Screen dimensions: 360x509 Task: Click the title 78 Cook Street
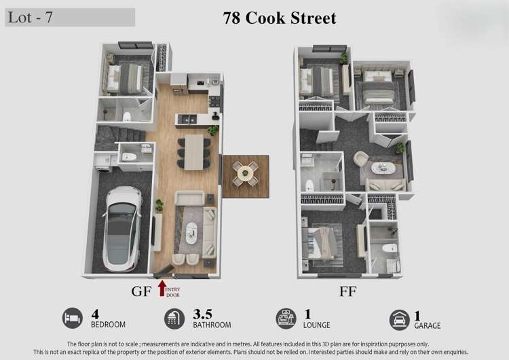click(280, 18)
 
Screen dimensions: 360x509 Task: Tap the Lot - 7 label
click(31, 18)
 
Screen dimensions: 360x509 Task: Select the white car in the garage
click(121, 228)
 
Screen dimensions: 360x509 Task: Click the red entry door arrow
click(162, 288)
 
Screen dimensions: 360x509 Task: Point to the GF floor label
click(141, 292)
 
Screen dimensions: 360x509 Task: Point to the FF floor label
click(347, 292)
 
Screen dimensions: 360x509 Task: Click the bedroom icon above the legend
click(72, 318)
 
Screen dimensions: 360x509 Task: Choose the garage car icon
click(399, 319)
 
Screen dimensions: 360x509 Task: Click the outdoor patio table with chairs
click(245, 174)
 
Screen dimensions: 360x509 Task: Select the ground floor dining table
click(194, 151)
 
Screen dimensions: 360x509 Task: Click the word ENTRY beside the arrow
click(173, 289)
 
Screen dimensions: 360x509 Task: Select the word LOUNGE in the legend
click(317, 325)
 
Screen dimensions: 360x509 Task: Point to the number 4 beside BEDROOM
click(95, 314)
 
